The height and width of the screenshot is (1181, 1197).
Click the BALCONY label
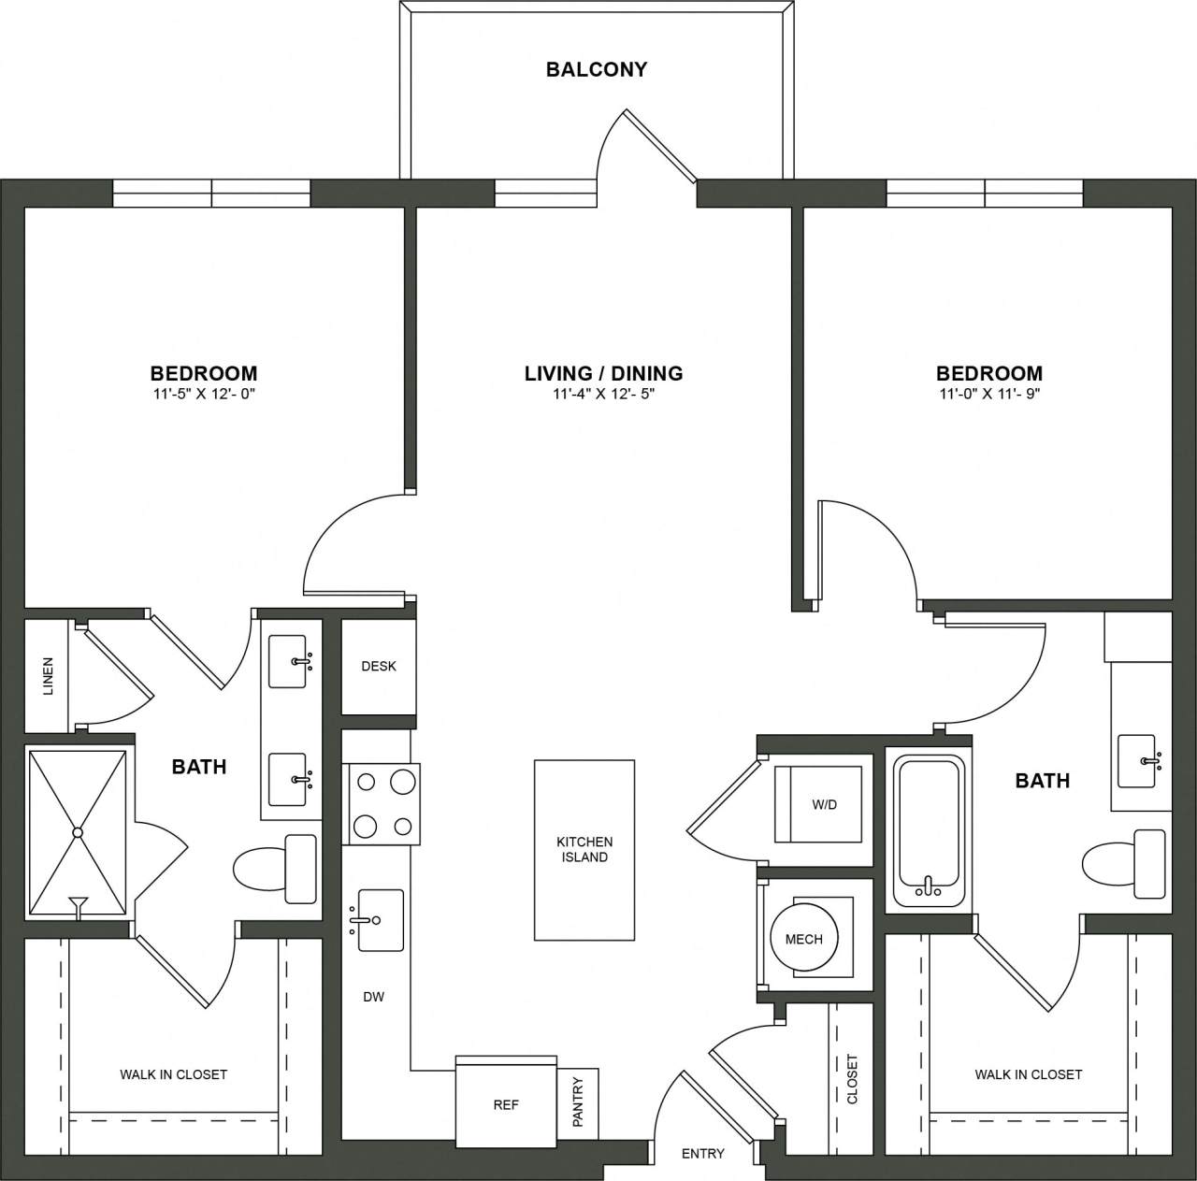(x=597, y=69)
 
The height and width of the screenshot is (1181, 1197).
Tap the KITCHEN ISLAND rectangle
(x=584, y=849)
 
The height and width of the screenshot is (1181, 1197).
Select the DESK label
(x=379, y=667)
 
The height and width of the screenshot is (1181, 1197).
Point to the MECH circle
(x=803, y=939)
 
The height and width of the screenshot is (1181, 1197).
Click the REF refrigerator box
(x=506, y=1104)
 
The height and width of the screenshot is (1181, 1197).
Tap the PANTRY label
(x=578, y=1102)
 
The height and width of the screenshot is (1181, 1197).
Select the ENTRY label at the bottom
(x=702, y=1154)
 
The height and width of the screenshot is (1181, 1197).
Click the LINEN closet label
(x=48, y=675)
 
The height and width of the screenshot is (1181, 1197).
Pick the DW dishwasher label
(x=374, y=997)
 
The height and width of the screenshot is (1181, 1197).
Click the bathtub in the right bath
(x=928, y=831)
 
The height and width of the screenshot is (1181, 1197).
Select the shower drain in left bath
(x=79, y=831)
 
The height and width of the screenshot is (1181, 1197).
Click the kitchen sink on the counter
(x=380, y=920)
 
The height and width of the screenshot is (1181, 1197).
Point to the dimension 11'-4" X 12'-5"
(x=603, y=395)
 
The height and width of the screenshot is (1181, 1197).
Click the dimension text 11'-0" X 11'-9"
(x=989, y=395)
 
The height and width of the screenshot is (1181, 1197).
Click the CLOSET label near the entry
(x=852, y=1079)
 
